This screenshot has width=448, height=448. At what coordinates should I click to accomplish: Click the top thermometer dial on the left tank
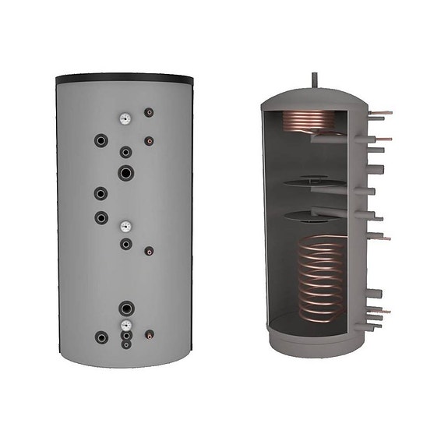tap(124, 120)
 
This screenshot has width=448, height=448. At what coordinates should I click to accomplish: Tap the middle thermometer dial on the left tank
tap(124, 227)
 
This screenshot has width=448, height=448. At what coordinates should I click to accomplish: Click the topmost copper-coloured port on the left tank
tap(149, 112)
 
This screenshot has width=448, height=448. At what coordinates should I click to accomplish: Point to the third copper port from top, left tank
tap(149, 251)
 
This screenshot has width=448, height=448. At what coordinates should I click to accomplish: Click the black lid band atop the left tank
tap(124, 79)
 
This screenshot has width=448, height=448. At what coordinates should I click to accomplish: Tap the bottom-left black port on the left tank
tap(101, 337)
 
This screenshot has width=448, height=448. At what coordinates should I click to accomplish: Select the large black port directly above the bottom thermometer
tap(125, 307)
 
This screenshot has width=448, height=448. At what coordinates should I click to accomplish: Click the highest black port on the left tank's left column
tap(101, 140)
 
